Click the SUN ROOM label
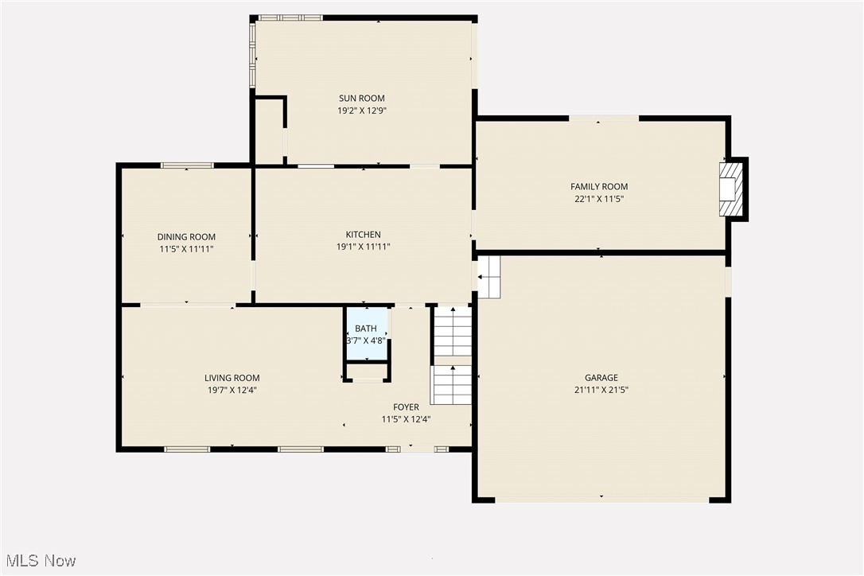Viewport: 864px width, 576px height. pos(362,99)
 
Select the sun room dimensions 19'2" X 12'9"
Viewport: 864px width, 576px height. pos(362,111)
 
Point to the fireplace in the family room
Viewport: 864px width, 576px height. pos(731,189)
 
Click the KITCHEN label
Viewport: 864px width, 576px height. pos(363,235)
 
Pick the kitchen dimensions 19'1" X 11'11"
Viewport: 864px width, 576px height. pos(363,247)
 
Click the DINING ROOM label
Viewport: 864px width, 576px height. pos(186,236)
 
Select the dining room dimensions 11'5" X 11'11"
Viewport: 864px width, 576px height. pos(186,249)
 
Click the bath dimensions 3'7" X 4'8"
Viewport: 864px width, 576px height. pos(366,341)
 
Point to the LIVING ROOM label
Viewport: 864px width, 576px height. pos(232,378)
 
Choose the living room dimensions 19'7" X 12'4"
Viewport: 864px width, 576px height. pos(232,391)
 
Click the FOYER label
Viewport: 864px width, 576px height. pos(406,407)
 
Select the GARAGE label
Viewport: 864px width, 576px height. pos(601,378)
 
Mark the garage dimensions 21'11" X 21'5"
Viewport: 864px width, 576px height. pos(601,391)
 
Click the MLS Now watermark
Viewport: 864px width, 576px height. pos(38,561)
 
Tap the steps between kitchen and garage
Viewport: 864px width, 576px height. pos(488,276)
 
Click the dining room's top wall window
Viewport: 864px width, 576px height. pos(187,165)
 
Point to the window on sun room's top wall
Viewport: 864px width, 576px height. pos(290,18)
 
